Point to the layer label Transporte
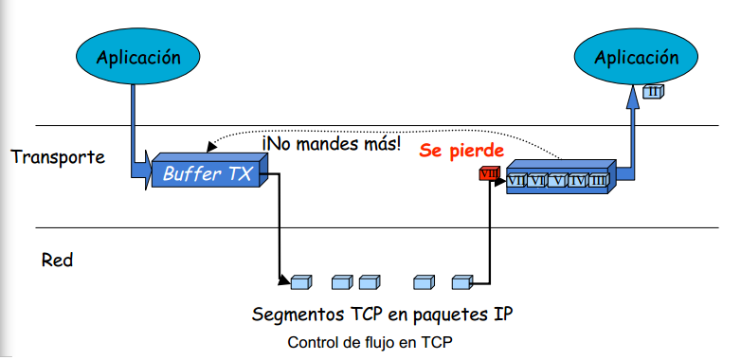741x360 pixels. pyautogui.click(x=58, y=156)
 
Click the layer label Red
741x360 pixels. pyautogui.click(x=56, y=259)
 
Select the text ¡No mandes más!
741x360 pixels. pyautogui.click(x=332, y=144)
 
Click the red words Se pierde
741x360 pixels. pyautogui.click(x=461, y=150)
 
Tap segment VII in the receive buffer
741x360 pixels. pyautogui.click(x=517, y=180)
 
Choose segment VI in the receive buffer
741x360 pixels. pyautogui.click(x=537, y=180)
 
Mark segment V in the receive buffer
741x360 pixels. pyautogui.click(x=557, y=180)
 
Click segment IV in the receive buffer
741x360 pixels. pyautogui.click(x=577, y=180)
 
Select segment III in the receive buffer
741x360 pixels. pyautogui.click(x=597, y=180)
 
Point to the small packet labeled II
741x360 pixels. pyautogui.click(x=653, y=91)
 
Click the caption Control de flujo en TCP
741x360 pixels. pyautogui.click(x=370, y=342)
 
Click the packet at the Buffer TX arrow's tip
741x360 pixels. pyautogui.click(x=300, y=281)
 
